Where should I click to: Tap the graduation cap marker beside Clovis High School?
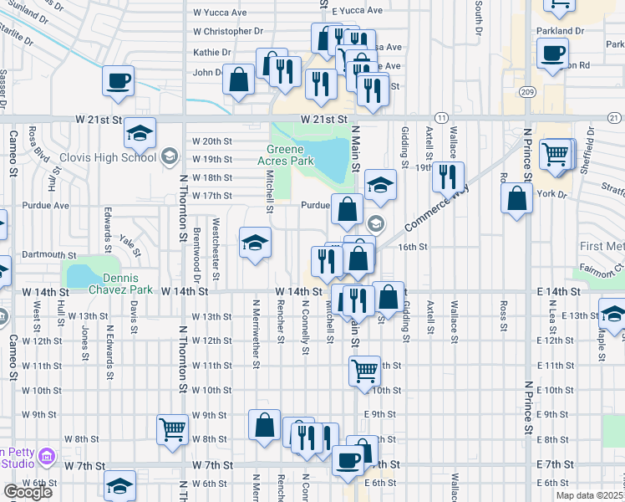coord(140,134)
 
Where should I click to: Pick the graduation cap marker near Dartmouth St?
coord(255,243)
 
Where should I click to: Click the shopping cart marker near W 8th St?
coord(172,429)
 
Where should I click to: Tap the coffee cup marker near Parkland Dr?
coord(551,54)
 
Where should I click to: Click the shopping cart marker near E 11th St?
coord(364,370)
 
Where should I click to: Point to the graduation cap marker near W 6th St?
coord(120,486)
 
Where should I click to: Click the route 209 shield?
coord(526,91)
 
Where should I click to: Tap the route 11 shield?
coord(441,118)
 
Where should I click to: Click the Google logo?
coord(28,492)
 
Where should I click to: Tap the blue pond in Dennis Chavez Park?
coord(82,276)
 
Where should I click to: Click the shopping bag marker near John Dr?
coord(239,80)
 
